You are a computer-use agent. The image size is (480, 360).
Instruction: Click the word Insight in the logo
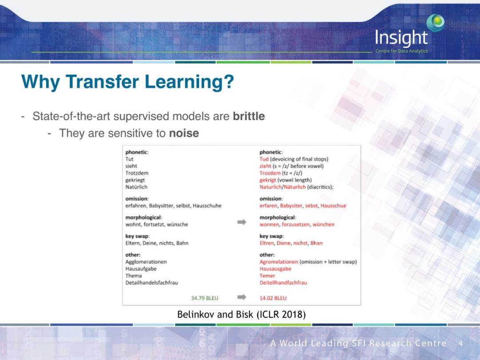[x=401, y=38]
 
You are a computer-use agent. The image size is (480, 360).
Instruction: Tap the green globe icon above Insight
[x=436, y=23]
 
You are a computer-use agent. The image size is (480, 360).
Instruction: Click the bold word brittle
[x=248, y=116]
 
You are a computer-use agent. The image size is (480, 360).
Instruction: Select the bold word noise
[x=184, y=133]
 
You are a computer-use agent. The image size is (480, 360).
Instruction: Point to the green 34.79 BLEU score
[x=204, y=298]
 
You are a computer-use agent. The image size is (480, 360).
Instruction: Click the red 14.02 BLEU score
[x=273, y=298]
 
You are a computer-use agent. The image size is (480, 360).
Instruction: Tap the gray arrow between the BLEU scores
[x=242, y=297]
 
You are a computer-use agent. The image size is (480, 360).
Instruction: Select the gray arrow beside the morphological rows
[x=242, y=222]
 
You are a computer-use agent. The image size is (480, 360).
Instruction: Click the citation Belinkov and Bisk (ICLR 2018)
[x=241, y=314]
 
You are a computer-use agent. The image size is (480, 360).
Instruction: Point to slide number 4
[x=460, y=343]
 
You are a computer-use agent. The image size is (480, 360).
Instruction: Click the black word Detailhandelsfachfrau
[x=152, y=283]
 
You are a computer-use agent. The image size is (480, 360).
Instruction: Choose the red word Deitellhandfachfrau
[x=283, y=283]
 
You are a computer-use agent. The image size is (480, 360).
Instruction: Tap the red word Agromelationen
[x=279, y=262]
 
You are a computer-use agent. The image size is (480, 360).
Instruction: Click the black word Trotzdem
[x=137, y=173]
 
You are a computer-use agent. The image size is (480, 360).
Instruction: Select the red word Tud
[x=264, y=159]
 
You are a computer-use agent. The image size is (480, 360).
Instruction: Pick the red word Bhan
[x=316, y=243]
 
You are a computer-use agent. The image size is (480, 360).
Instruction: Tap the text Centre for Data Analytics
[x=402, y=51]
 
